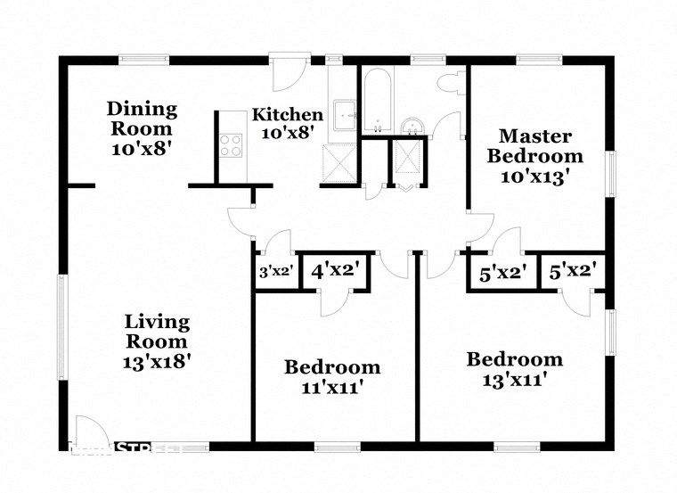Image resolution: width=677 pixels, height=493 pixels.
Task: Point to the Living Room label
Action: point(157,331)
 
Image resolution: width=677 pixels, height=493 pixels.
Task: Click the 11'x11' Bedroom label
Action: point(332,376)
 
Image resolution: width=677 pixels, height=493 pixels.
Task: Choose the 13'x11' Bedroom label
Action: point(515,369)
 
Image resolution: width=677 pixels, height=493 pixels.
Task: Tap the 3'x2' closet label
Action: point(275,272)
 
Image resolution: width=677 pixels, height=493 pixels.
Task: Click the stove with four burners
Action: point(231,145)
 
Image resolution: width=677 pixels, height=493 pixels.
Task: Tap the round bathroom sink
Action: point(412,125)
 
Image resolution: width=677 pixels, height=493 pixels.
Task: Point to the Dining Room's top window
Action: point(145,61)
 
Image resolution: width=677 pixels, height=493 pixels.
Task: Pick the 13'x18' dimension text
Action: point(157,362)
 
